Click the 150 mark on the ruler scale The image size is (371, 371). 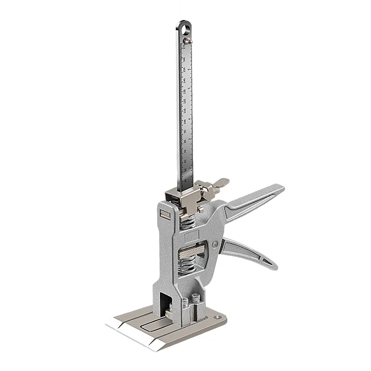pos(185,70)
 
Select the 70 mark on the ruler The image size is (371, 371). pos(185,152)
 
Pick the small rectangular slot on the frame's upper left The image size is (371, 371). pos(164,214)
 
